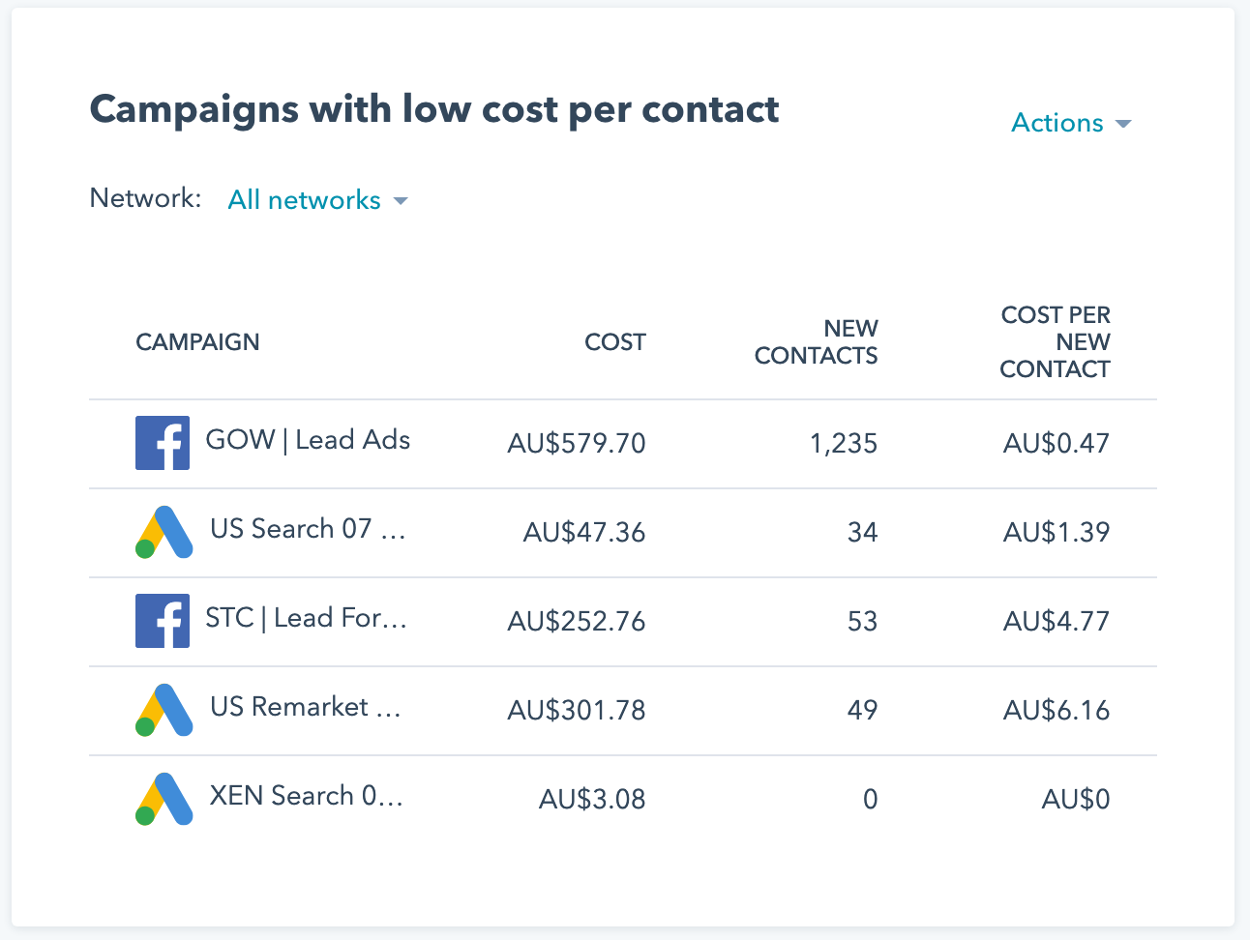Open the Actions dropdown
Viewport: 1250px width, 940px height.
click(x=1070, y=124)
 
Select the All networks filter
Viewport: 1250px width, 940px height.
click(x=316, y=200)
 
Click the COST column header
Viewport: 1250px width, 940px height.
click(x=614, y=342)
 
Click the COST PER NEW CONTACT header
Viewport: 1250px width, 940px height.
click(x=1055, y=342)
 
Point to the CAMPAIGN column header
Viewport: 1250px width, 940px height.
click(x=197, y=342)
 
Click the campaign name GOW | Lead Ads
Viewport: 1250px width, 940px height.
click(x=308, y=440)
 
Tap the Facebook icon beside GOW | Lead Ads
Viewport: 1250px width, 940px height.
click(x=163, y=443)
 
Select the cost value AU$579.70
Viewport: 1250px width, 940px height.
click(x=577, y=444)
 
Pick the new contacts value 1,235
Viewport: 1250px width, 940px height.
click(x=844, y=444)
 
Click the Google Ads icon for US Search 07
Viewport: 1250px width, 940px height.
click(x=164, y=532)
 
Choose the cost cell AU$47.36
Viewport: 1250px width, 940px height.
click(x=584, y=533)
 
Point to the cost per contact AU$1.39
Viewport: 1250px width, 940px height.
click(x=1057, y=533)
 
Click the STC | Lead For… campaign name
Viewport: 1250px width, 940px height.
click(x=306, y=618)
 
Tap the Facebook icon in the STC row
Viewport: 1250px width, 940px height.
click(x=163, y=621)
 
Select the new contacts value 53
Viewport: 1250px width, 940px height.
click(x=862, y=622)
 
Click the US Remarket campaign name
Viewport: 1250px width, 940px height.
click(x=305, y=707)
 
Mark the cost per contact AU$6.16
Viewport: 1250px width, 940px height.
click(x=1057, y=711)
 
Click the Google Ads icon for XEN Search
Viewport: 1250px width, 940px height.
click(x=164, y=799)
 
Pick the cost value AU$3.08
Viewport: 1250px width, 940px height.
click(x=592, y=800)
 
